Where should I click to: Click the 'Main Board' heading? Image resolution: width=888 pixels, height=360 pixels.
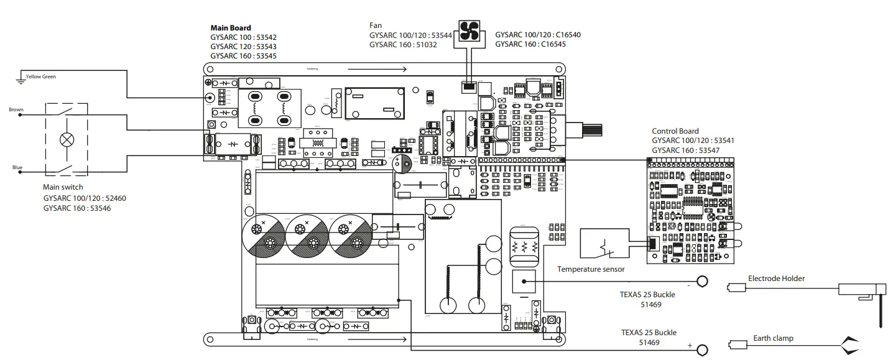coord(231,28)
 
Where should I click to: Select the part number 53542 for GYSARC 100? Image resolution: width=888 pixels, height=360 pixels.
coord(264,37)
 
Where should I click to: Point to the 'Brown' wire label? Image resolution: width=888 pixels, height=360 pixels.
coord(16,110)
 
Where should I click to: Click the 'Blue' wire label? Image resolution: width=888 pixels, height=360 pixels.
coord(17,168)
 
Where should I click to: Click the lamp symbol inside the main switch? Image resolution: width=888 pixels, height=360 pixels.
coord(66,139)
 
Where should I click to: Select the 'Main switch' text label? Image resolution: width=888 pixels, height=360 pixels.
coord(63,187)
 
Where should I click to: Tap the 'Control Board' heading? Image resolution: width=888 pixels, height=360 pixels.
coord(675,131)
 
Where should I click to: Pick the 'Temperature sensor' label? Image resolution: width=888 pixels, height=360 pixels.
coord(591,269)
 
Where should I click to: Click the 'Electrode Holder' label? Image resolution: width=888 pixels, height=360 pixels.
coord(776,279)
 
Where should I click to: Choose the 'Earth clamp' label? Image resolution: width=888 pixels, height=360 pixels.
coord(773,338)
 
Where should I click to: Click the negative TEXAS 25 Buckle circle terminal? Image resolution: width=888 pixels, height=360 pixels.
coord(702,282)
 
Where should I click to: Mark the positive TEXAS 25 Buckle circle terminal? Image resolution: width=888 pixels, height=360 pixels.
coord(702,349)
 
